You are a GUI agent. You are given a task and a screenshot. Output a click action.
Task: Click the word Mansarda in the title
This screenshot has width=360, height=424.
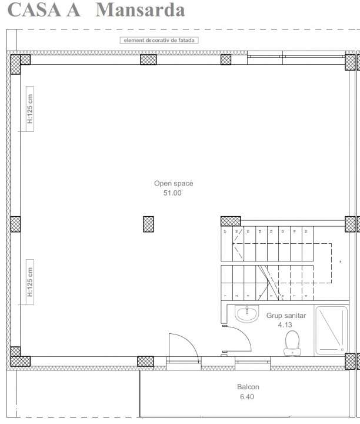tap(140, 10)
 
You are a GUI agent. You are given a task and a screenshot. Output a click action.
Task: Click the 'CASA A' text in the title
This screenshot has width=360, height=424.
tap(45, 10)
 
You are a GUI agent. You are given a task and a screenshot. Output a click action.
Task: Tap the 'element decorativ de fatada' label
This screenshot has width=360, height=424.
tap(159, 40)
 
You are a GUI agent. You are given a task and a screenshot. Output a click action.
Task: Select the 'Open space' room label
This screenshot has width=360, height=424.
tap(174, 183)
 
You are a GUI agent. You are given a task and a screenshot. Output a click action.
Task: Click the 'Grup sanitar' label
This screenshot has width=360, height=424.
tap(286, 316)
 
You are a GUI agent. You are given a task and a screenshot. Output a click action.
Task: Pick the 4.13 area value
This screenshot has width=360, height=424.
tap(286, 324)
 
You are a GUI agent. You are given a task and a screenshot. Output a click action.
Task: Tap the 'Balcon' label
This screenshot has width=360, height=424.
tap(248, 387)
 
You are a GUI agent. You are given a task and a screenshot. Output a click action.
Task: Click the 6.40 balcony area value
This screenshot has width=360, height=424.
tap(248, 397)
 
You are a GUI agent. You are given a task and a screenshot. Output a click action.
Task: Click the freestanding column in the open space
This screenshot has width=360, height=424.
tap(149, 224)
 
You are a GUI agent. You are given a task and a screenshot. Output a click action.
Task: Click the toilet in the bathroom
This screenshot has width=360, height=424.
tap(292, 342)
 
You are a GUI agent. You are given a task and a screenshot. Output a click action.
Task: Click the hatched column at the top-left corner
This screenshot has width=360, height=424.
tap(21, 61)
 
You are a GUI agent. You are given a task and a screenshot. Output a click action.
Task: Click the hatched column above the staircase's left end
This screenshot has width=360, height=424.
tap(231, 221)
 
